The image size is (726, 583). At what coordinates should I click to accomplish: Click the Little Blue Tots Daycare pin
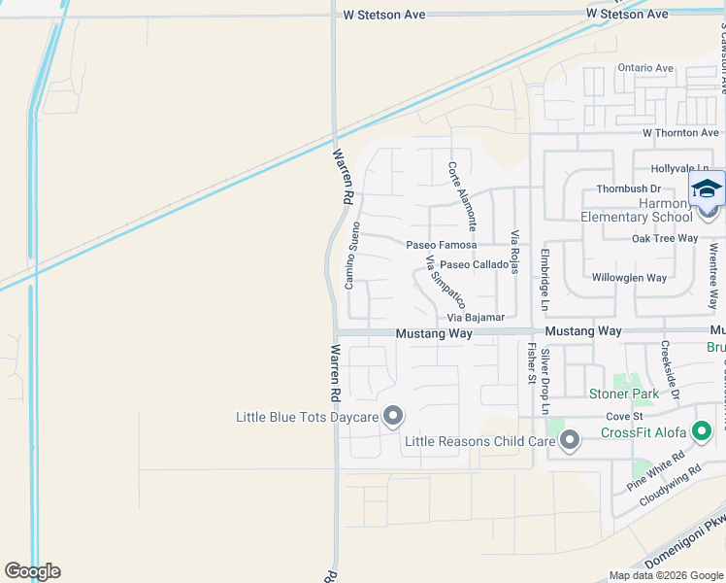(393, 417)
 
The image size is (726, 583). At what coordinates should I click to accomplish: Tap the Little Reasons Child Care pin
(570, 442)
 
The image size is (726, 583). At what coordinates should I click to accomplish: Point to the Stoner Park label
(624, 394)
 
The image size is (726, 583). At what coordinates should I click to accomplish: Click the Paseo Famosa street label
(441, 245)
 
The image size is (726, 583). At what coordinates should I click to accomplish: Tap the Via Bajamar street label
(476, 318)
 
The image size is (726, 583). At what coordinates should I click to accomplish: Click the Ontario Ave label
(645, 68)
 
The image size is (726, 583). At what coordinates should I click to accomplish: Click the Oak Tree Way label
(665, 238)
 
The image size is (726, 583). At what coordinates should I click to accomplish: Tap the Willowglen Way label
(629, 278)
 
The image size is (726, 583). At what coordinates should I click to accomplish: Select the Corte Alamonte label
(462, 194)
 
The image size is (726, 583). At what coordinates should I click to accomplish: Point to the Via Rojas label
(515, 251)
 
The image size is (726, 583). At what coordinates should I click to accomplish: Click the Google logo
(32, 571)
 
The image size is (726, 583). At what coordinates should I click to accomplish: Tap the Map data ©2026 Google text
(666, 575)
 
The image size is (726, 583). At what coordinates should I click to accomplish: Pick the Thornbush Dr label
(628, 189)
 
